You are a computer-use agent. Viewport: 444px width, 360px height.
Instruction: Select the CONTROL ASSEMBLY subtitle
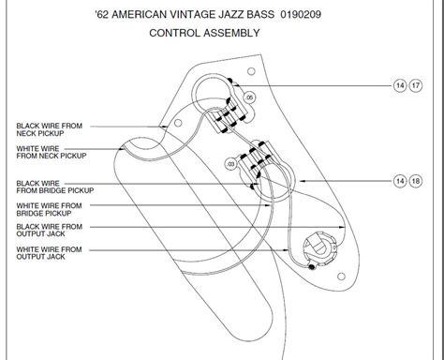point(204,33)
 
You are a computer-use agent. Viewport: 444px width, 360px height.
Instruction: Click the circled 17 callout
point(416,85)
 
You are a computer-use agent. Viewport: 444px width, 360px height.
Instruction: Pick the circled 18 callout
point(416,179)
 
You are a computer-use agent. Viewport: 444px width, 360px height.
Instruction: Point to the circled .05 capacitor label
point(249,97)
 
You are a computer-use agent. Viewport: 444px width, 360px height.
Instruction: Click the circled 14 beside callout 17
point(401,85)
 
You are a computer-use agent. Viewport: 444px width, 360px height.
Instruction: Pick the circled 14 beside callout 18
point(401,179)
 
